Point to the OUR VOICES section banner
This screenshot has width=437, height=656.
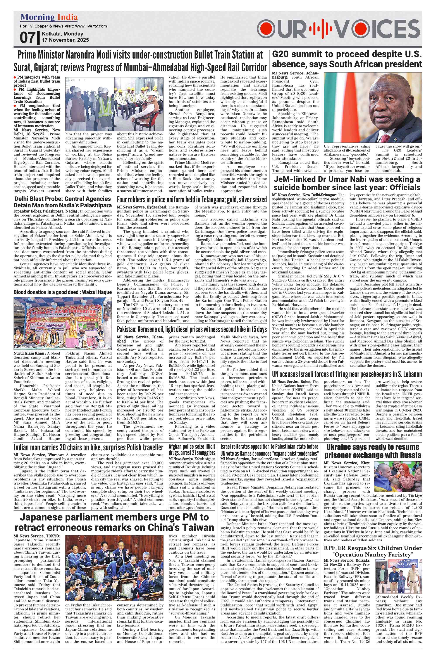tap(338, 29)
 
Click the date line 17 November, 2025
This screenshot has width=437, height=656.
tap(65, 40)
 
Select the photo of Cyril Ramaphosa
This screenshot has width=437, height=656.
tap(373, 108)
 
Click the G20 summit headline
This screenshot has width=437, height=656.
tap(347, 59)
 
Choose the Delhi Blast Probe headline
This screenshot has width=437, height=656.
tap(63, 202)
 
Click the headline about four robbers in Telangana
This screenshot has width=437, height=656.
tap(192, 200)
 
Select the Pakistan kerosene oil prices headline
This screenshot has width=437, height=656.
tap(192, 330)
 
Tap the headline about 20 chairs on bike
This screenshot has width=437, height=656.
tap(88, 448)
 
